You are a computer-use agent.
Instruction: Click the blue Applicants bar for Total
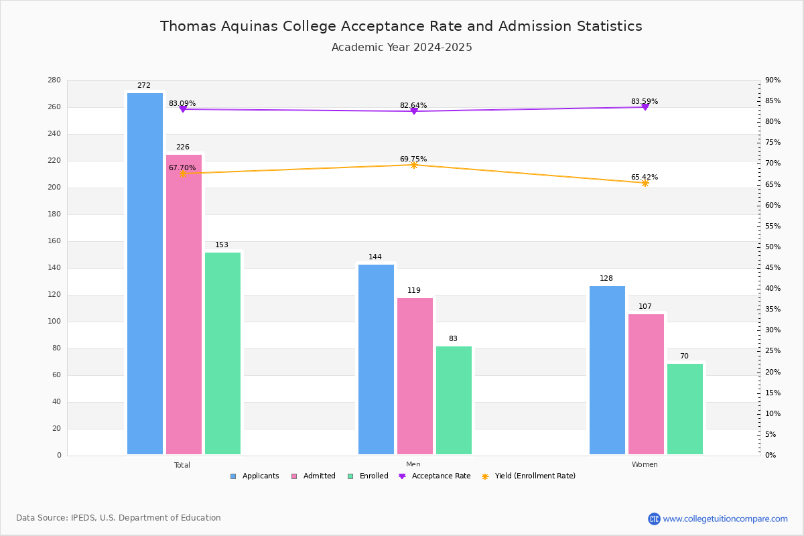click(145, 275)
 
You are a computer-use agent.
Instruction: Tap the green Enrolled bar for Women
click(685, 409)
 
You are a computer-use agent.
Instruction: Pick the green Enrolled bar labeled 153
click(222, 354)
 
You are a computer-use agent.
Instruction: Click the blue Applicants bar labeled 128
click(607, 371)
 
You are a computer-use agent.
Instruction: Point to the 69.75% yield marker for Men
click(413, 165)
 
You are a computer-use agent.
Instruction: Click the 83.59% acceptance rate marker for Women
click(645, 107)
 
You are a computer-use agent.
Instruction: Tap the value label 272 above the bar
click(144, 86)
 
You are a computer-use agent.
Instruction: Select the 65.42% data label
click(645, 178)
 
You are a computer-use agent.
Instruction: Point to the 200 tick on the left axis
click(54, 188)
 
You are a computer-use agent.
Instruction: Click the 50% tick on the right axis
click(773, 247)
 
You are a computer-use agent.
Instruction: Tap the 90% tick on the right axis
click(773, 80)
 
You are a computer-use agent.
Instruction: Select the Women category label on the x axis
click(645, 465)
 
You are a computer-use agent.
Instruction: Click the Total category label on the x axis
click(182, 465)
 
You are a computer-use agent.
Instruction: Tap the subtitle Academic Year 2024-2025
click(402, 48)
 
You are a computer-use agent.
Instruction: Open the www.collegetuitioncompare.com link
click(725, 519)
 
